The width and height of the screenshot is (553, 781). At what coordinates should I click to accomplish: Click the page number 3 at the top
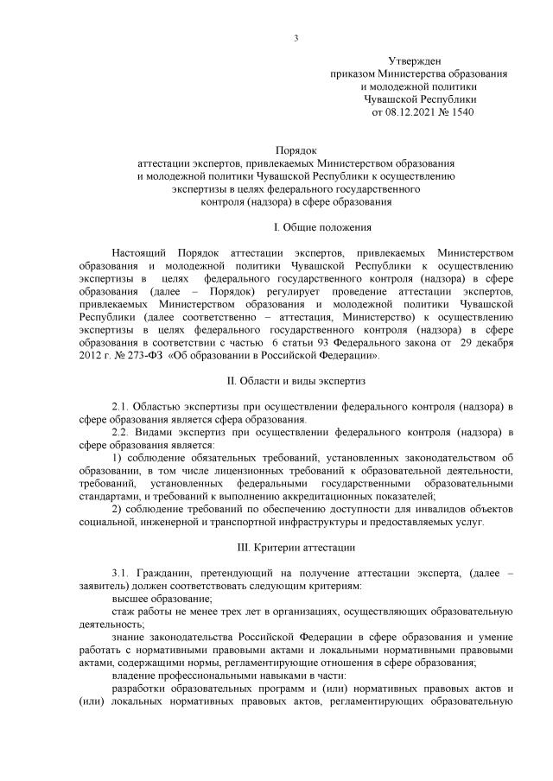pyautogui.click(x=296, y=37)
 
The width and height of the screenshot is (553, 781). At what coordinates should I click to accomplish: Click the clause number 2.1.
pyautogui.click(x=122, y=406)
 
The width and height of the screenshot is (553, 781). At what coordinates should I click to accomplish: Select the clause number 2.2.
pyautogui.click(x=122, y=431)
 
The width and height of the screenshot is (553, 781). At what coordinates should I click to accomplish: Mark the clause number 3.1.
pyautogui.click(x=122, y=574)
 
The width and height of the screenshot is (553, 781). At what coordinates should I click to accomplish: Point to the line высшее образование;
pyautogui.click(x=162, y=599)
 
